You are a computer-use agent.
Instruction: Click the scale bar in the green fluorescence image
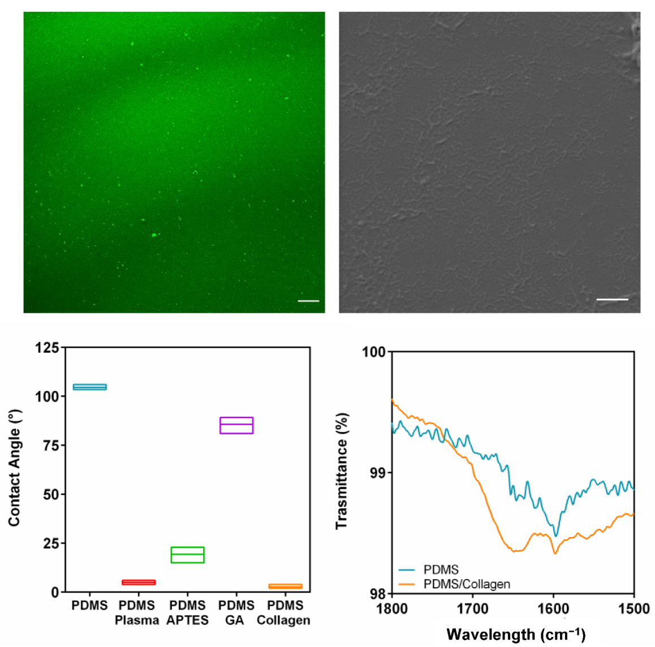pos(308,301)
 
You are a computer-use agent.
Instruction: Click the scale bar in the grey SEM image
pos(612,299)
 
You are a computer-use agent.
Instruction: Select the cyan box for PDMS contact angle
pos(90,387)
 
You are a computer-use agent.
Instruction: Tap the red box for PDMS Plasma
pos(139,582)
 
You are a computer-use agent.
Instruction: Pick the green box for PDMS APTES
pos(187,555)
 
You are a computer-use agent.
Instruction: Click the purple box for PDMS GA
pos(236,425)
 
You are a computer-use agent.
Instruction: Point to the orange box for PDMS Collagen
pos(285,586)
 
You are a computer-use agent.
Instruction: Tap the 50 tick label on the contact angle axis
pos(50,495)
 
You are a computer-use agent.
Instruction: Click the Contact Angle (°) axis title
pos(14,468)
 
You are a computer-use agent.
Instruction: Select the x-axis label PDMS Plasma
pos(137,613)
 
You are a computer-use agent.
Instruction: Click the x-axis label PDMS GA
pos(236,613)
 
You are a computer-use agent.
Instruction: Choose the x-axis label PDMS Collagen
pos(284,613)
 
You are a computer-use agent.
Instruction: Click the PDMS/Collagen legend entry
pos(466,584)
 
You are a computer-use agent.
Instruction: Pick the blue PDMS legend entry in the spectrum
pos(441,570)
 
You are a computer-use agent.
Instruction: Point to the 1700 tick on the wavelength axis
pos(472,609)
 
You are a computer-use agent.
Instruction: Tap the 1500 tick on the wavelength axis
pos(634,609)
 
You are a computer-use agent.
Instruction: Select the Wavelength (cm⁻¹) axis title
pos(515,635)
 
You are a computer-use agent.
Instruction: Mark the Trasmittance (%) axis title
pos(342,471)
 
